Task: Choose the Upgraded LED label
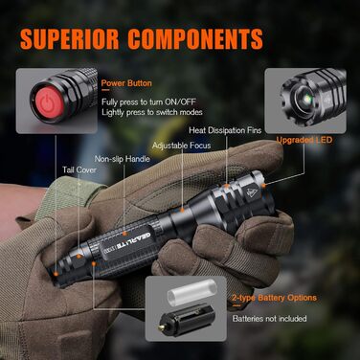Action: [304, 139]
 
